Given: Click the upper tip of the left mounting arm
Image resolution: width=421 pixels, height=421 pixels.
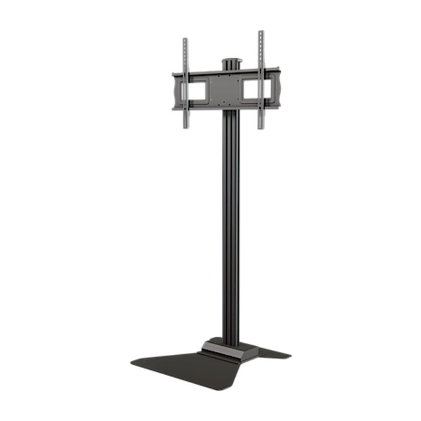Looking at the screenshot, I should [185, 40].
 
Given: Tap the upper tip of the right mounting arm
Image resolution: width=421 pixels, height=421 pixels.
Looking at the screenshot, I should [261, 32].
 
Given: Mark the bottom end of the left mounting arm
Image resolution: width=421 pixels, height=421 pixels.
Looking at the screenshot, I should [186, 126].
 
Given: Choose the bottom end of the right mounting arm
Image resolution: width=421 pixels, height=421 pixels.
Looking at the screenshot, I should [261, 126].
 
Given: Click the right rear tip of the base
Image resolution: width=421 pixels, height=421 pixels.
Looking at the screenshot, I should [289, 355].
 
